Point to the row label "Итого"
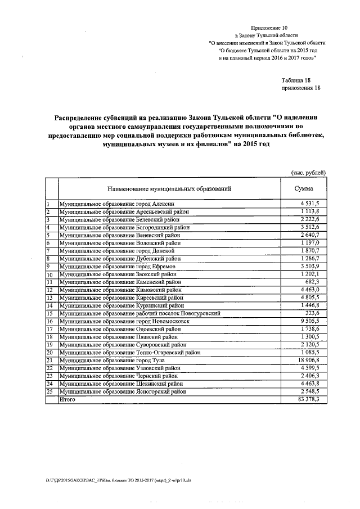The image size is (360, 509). tap(67, 399)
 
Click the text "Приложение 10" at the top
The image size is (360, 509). tap(269, 27)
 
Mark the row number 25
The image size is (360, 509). tap(49, 391)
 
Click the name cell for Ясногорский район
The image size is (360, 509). tap(122, 391)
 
